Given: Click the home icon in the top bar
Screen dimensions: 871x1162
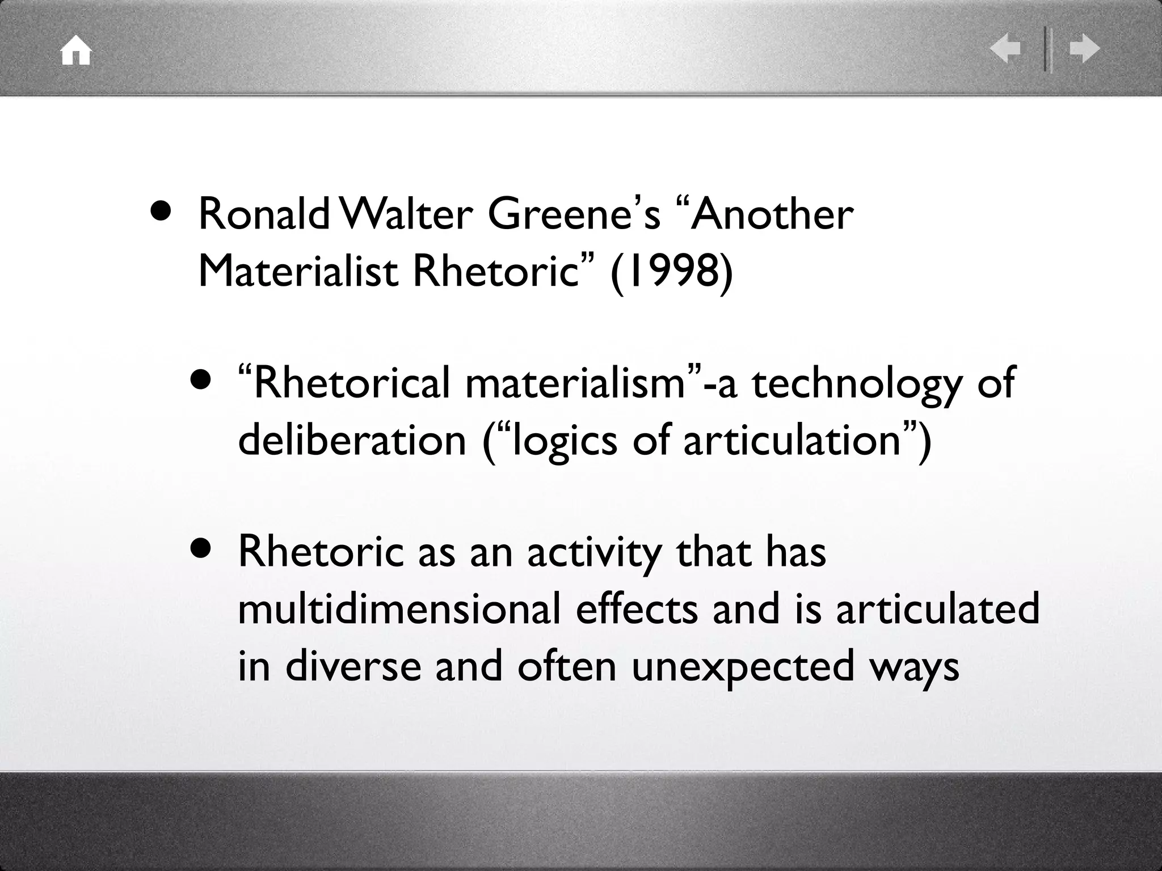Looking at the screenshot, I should (x=76, y=52).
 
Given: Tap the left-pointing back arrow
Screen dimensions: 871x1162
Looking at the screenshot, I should (x=1005, y=49).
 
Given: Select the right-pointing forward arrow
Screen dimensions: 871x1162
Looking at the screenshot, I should (x=1084, y=49).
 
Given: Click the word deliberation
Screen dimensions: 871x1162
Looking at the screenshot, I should (x=352, y=439).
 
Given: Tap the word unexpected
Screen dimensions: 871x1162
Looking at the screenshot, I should (x=742, y=666).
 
